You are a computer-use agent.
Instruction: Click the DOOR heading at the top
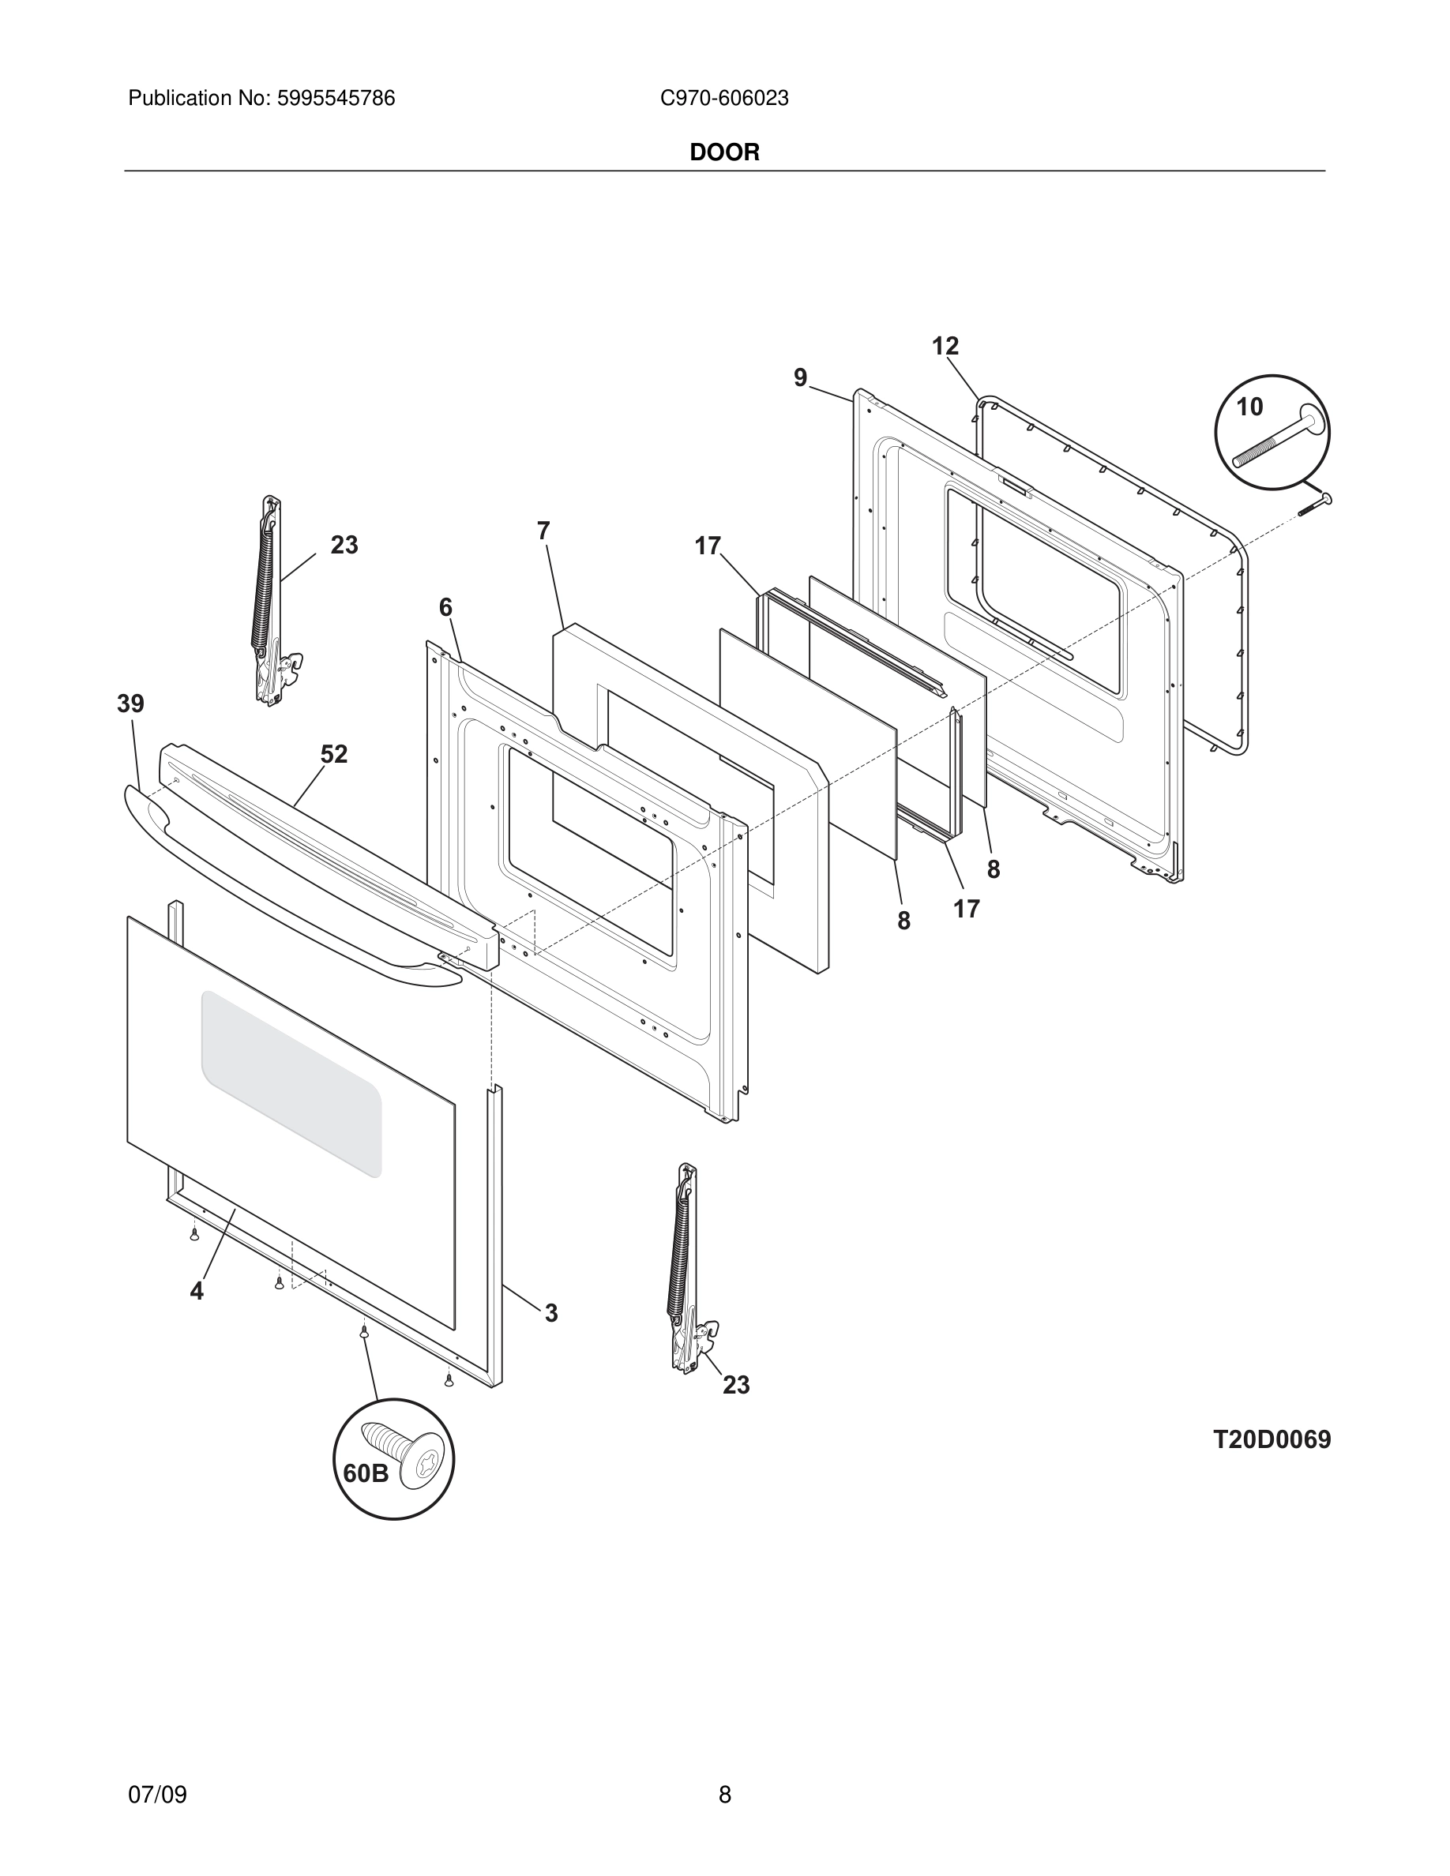coord(724,153)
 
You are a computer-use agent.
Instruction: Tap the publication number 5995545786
coord(335,99)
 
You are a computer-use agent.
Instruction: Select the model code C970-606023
coord(724,99)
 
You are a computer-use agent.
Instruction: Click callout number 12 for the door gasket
coord(945,346)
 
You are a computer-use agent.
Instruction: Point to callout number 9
coord(801,378)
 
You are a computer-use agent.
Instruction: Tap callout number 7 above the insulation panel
coord(543,531)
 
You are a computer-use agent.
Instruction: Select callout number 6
coord(445,608)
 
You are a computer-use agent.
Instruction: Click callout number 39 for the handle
coord(130,704)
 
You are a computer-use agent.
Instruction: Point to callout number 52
coord(334,754)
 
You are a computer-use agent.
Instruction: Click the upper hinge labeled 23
coord(271,602)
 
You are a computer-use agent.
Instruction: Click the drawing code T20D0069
coord(1272,1440)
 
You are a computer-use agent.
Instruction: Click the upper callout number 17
coord(708,546)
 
